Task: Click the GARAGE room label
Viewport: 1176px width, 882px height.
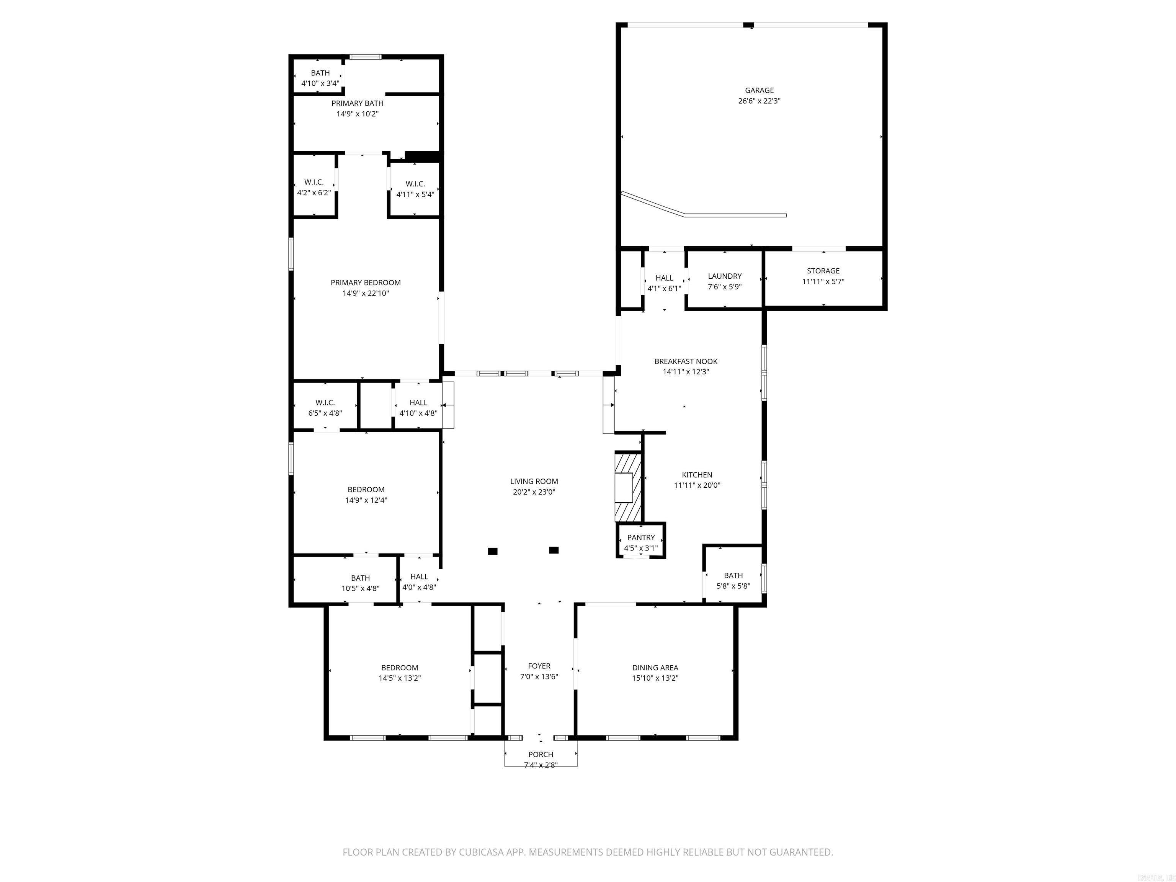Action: (759, 90)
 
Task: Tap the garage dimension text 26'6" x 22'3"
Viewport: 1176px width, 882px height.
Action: (759, 101)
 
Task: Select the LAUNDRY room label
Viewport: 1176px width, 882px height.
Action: (724, 276)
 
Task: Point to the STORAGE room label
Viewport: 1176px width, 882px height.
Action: (823, 271)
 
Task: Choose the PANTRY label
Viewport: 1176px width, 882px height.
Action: (640, 537)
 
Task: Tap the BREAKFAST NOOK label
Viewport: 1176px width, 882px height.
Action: (686, 361)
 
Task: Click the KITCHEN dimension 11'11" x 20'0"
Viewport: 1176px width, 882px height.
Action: (697, 485)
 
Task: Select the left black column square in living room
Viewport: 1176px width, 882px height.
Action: (492, 551)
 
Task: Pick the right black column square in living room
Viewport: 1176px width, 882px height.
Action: (554, 550)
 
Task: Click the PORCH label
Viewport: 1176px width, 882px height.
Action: (541, 755)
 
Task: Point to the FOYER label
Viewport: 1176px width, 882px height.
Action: (539, 666)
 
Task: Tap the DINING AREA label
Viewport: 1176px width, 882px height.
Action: (655, 668)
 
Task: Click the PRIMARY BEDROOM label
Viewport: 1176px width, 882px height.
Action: (366, 283)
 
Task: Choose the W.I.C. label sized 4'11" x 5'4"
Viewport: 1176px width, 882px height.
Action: (415, 184)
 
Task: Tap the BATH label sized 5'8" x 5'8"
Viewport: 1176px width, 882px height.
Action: (733, 575)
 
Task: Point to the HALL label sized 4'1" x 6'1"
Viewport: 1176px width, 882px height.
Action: (664, 278)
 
